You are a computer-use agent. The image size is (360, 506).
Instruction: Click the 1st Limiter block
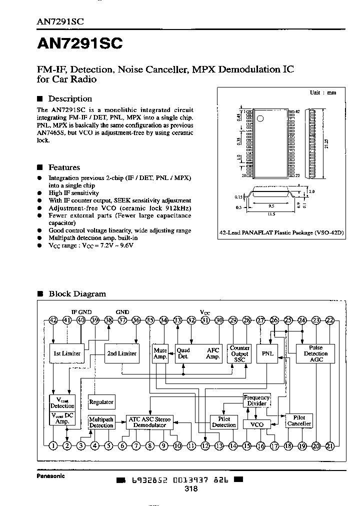pyautogui.click(x=66, y=353)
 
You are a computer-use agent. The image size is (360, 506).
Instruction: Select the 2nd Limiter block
pyautogui.click(x=121, y=353)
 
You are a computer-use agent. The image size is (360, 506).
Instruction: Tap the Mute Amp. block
pyautogui.click(x=160, y=353)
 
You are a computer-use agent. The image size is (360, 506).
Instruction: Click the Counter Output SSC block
pyautogui.click(x=239, y=353)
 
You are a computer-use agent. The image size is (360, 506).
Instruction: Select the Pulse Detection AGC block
pyautogui.click(x=315, y=353)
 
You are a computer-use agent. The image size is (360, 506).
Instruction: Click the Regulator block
pyautogui.click(x=101, y=401)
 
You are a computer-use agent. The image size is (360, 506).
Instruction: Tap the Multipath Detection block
pyautogui.click(x=101, y=422)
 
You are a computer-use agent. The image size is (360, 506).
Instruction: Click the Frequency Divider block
pyautogui.click(x=256, y=400)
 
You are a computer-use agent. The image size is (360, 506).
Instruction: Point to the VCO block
pyautogui.click(x=256, y=424)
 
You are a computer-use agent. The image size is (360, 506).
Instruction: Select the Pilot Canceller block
pyautogui.click(x=299, y=420)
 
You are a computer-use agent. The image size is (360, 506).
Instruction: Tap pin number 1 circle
pyautogui.click(x=53, y=445)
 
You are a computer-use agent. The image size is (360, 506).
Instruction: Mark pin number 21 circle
pyautogui.click(x=330, y=445)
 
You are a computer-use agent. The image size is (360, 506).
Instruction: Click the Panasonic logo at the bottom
pyautogui.click(x=50, y=476)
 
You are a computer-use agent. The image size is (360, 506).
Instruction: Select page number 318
pyautogui.click(x=190, y=489)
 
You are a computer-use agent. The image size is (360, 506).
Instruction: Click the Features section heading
pyautogui.click(x=63, y=167)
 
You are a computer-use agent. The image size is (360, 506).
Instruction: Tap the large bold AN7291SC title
pyautogui.click(x=79, y=44)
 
